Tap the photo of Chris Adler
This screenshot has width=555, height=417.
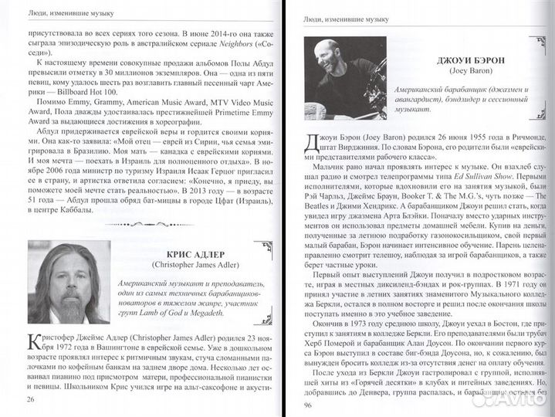(69, 281)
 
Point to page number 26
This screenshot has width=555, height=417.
(30, 399)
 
